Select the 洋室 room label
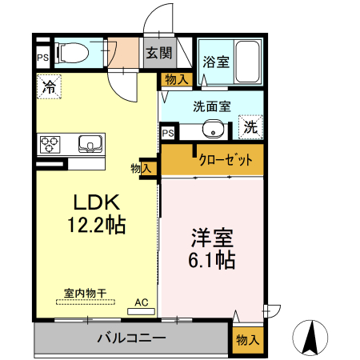212,238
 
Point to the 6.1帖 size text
212,261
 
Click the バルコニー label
131,338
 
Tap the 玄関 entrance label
158,54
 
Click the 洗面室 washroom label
211,105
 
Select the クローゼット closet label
225,160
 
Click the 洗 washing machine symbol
250,126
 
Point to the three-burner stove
50,144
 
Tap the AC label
142,302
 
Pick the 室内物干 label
83,293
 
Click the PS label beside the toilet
41,58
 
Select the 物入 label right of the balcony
246,340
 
